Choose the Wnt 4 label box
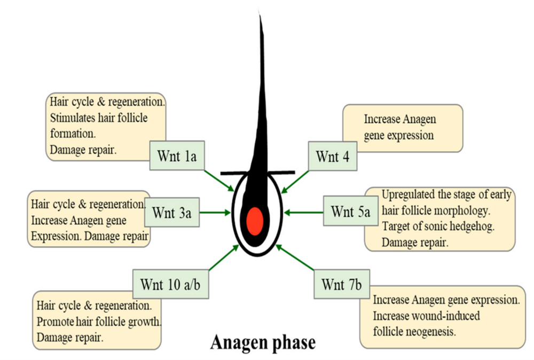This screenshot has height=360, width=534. point(332,156)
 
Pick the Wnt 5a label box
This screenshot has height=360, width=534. point(350,212)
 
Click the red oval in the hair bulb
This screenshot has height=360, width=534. point(255,220)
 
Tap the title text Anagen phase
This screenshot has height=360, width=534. point(263,342)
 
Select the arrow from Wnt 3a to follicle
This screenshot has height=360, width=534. point(214,213)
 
